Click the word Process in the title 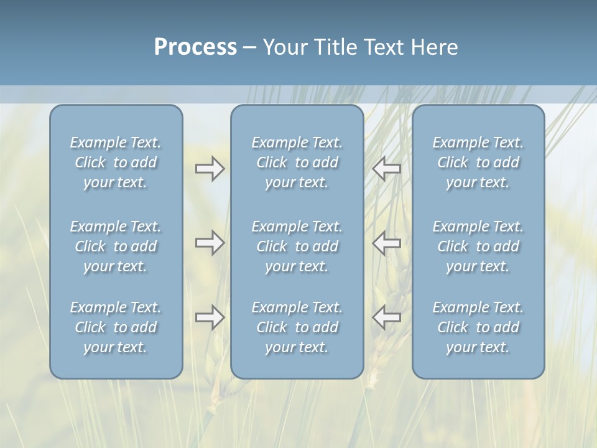[195, 47]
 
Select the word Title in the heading [335, 47]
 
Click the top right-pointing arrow [210, 169]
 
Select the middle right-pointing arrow [210, 243]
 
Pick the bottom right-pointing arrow [210, 317]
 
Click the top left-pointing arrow [387, 169]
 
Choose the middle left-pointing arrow [387, 243]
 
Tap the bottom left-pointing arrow [387, 317]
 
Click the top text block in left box [116, 162]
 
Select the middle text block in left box [116, 246]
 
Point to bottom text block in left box [116, 327]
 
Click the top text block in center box [297, 162]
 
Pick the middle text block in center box [297, 246]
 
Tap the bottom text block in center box [297, 327]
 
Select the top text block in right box [478, 162]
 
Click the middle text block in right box [478, 246]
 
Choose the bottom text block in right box [478, 327]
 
